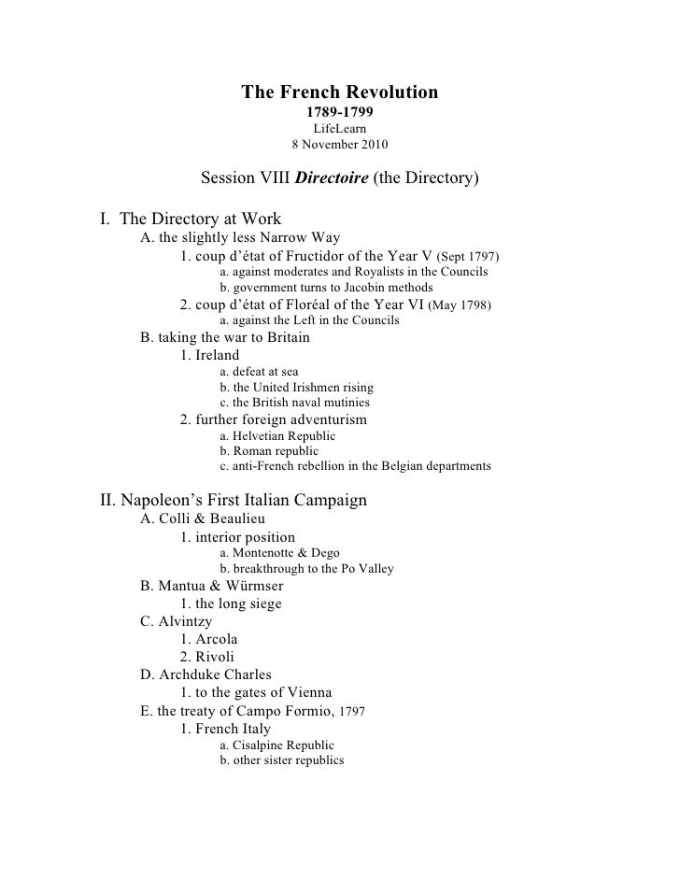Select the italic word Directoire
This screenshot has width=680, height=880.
331,177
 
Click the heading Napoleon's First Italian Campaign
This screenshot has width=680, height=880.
234,500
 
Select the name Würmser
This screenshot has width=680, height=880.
247,586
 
